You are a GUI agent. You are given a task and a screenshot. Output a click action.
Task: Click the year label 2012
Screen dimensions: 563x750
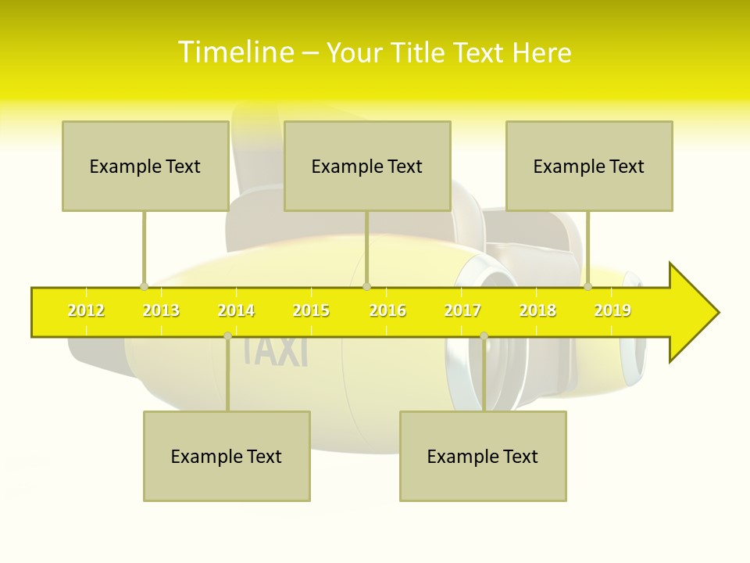pyautogui.click(x=86, y=311)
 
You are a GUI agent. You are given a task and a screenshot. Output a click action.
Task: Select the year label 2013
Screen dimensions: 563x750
pyautogui.click(x=161, y=311)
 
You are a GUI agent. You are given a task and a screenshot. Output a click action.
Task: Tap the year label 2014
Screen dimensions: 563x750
pyautogui.click(x=236, y=311)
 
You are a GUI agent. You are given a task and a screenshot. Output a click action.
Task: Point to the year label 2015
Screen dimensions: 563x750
pyautogui.click(x=311, y=311)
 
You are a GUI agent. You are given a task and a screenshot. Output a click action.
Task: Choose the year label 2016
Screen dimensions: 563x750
pyautogui.click(x=387, y=311)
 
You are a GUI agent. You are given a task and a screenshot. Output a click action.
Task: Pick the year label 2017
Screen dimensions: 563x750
pyautogui.click(x=462, y=311)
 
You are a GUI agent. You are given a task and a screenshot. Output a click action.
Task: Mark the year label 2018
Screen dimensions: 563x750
pyautogui.click(x=537, y=311)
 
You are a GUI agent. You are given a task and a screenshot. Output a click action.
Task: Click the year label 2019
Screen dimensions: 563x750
pyautogui.click(x=612, y=311)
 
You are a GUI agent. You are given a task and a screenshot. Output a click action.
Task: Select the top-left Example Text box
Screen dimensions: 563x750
pyautogui.click(x=145, y=167)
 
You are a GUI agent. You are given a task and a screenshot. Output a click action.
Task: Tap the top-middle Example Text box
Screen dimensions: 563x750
pyautogui.click(x=367, y=167)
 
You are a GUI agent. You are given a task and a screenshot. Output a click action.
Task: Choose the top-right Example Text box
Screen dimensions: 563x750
pyautogui.click(x=589, y=167)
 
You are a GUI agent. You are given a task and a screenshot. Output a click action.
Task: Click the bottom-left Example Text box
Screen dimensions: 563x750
pyautogui.click(x=227, y=457)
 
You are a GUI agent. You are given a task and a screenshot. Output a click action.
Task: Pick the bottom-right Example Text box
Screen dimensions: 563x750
pyautogui.click(x=483, y=457)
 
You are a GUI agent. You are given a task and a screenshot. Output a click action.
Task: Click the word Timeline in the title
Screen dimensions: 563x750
pyautogui.click(x=236, y=52)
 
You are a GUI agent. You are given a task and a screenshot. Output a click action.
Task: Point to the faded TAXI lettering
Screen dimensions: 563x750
pyautogui.click(x=275, y=350)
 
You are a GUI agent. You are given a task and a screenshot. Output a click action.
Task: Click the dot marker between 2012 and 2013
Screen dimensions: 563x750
pyautogui.click(x=144, y=287)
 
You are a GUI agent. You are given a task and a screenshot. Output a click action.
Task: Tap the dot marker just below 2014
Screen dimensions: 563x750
pyautogui.click(x=227, y=335)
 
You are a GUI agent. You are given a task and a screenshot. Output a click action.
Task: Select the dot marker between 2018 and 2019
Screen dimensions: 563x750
pyautogui.click(x=588, y=287)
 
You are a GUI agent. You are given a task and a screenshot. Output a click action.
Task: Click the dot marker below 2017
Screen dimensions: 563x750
pyautogui.click(x=484, y=335)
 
